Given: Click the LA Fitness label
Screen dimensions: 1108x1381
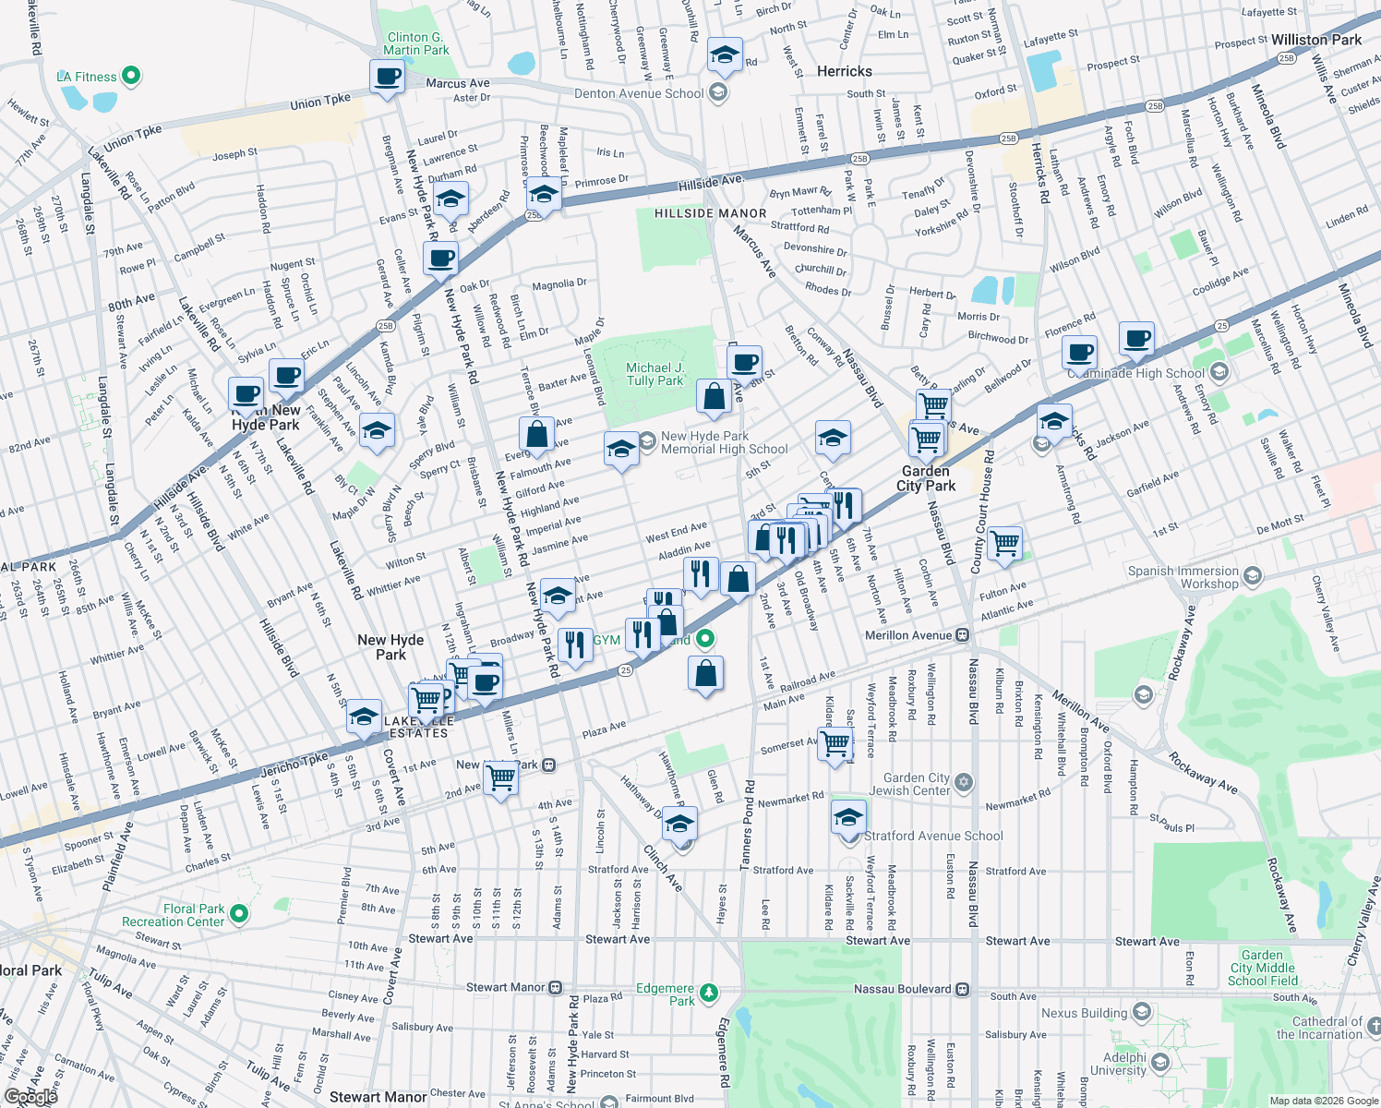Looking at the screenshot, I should [x=87, y=77].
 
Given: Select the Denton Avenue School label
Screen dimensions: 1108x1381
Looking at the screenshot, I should [x=639, y=93].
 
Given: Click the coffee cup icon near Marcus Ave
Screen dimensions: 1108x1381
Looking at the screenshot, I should [x=388, y=77].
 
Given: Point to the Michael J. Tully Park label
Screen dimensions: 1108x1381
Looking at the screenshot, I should [x=654, y=374].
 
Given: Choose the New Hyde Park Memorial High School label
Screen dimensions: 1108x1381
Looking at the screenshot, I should [x=724, y=442].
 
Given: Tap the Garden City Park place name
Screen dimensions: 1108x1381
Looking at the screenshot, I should [x=926, y=478].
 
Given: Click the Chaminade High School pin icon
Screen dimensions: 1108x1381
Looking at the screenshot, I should [x=1219, y=372].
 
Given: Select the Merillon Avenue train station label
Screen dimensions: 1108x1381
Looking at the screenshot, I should [x=908, y=635].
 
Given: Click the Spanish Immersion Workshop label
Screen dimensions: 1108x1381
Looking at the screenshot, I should [x=1183, y=577].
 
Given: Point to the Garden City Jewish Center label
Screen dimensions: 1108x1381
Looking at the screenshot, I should [x=909, y=784].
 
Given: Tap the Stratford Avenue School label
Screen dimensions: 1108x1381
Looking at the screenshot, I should [x=933, y=836].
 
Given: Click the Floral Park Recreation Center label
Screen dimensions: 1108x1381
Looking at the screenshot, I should [x=174, y=915].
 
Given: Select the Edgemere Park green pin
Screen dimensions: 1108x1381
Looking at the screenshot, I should [x=708, y=994].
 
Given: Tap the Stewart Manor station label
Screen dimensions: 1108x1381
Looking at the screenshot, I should [x=505, y=987].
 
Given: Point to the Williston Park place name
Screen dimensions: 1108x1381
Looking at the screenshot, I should [x=1315, y=40].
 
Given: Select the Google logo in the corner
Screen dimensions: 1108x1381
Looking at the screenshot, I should [x=30, y=1096].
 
